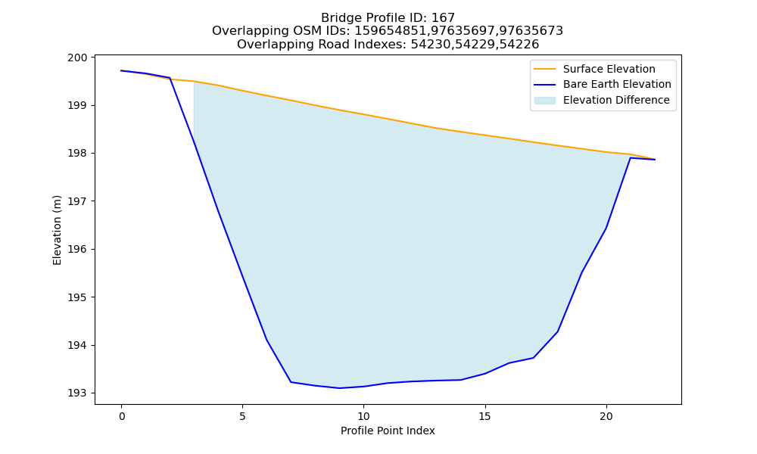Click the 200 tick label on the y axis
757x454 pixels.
click(77, 58)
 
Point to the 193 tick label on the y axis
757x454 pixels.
click(77, 393)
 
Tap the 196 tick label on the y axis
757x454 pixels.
click(77, 250)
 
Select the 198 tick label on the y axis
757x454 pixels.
click(77, 154)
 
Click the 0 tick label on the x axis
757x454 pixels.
click(122, 417)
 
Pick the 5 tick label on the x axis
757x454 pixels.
click(242, 417)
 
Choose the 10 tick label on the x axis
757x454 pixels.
click(363, 417)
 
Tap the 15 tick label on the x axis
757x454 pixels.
click(484, 417)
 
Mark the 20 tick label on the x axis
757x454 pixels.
click(606, 417)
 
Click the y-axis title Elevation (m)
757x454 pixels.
click(57, 230)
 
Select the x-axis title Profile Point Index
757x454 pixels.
click(388, 431)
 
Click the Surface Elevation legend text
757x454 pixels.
click(609, 69)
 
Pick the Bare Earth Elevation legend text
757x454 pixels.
click(617, 85)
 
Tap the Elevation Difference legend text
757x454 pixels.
click(616, 101)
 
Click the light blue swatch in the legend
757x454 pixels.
click(544, 101)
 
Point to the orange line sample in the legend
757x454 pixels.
click(544, 69)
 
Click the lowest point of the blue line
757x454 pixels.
click(339, 388)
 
